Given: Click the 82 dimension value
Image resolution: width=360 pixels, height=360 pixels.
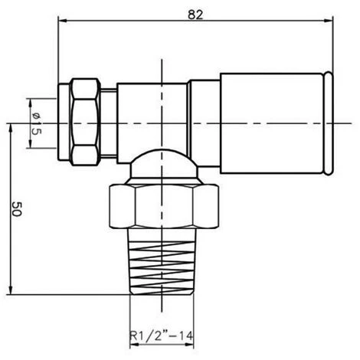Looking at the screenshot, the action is pos(195,15).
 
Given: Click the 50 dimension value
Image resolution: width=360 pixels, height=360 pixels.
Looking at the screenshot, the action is pos(17,209).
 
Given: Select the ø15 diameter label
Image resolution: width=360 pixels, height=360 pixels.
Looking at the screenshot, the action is pos(36,123).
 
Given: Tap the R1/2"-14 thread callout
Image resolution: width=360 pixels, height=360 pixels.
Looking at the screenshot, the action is pos(162,335).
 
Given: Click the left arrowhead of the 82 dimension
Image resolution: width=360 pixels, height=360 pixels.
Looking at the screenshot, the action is pos(63,21).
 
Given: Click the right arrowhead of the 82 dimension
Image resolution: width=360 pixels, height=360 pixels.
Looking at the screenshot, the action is pos(328,21).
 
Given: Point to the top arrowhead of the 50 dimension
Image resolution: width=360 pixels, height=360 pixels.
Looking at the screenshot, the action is pos(11,128).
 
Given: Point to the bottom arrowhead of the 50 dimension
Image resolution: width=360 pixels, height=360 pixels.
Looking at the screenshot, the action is pos(11,290).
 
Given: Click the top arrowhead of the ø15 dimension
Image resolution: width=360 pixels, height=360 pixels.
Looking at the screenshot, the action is pos(31,103).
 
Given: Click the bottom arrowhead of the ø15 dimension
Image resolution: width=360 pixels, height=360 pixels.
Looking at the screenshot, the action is pos(31,143).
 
